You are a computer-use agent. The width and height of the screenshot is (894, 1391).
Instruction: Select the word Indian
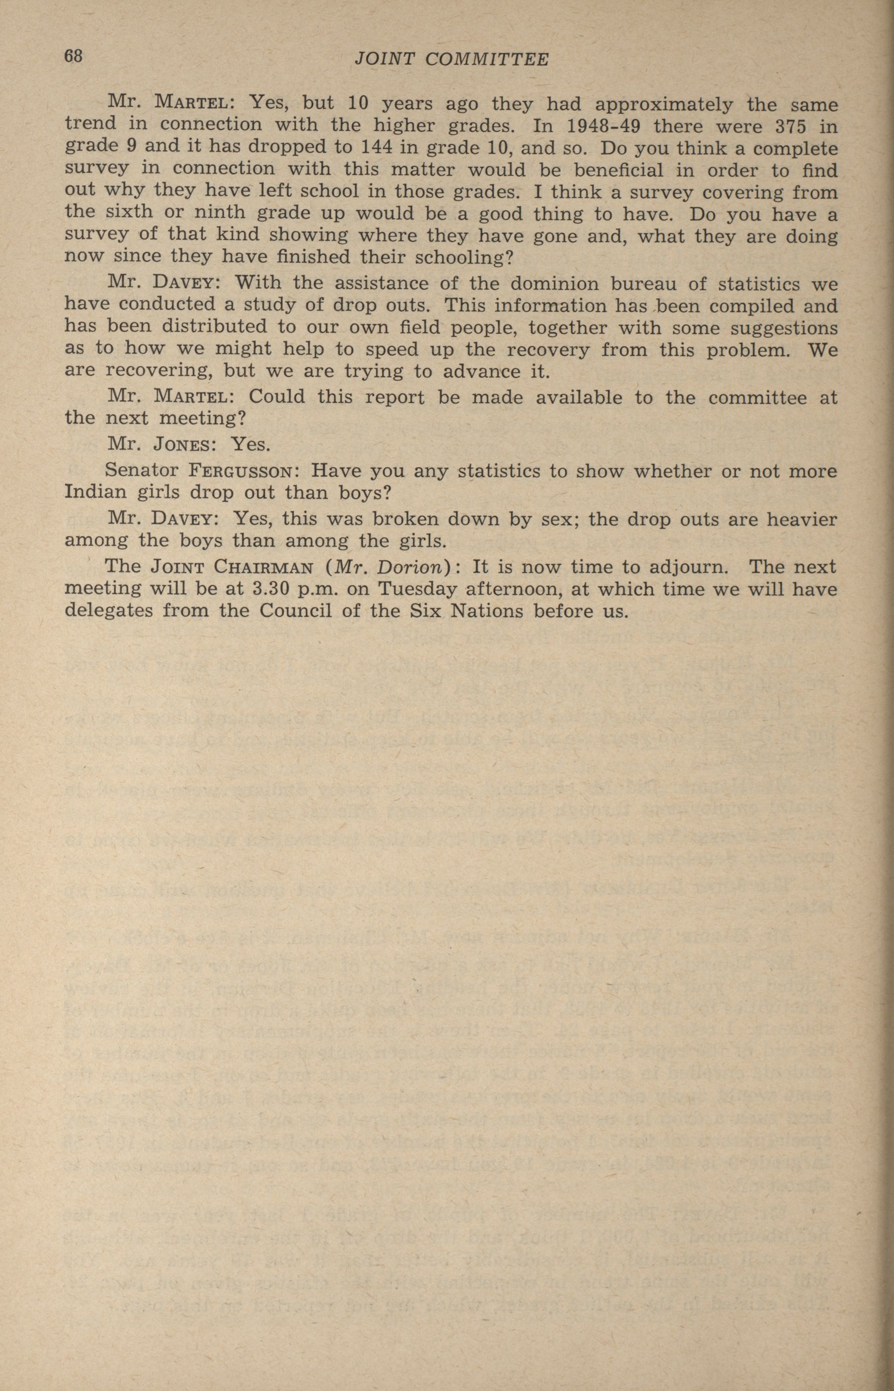tap(94, 492)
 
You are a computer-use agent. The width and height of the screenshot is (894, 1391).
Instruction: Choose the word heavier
tap(802, 518)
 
